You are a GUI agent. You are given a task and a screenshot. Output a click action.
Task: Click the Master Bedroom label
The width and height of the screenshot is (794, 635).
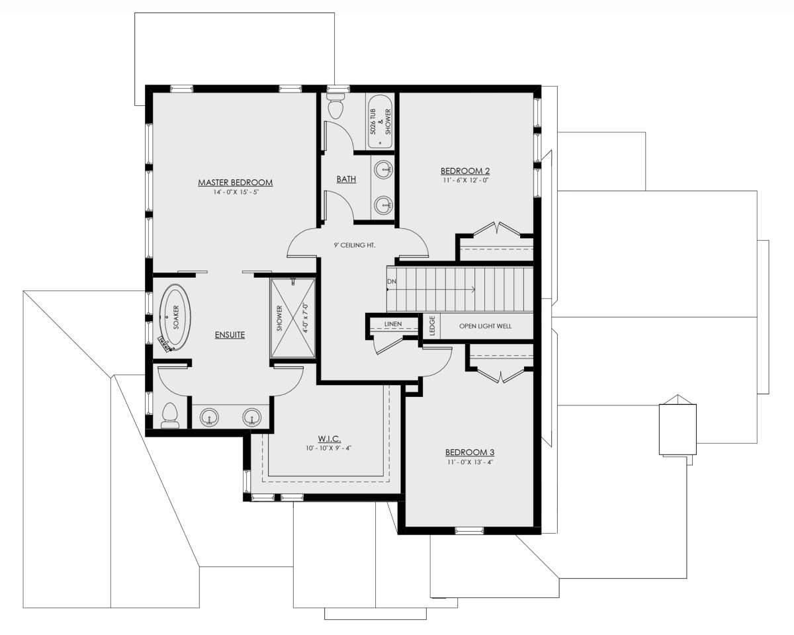click(236, 183)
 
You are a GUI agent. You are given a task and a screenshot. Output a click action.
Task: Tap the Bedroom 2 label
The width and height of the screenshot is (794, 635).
click(465, 171)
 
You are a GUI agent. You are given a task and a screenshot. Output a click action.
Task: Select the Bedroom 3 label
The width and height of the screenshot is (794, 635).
click(470, 452)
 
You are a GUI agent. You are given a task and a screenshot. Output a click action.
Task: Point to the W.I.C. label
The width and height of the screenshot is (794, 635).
click(329, 439)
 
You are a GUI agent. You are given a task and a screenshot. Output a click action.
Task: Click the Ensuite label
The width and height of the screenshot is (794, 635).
click(230, 335)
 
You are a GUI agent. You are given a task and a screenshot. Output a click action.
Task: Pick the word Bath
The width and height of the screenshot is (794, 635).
click(346, 179)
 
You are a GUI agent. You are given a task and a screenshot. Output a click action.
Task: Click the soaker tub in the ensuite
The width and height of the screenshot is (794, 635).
click(175, 317)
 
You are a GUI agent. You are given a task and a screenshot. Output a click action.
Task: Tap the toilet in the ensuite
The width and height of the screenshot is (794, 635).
click(170, 415)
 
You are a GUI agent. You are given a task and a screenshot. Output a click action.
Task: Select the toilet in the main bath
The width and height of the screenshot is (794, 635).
click(335, 106)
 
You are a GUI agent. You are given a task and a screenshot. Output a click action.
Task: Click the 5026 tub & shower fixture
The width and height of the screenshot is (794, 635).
click(380, 122)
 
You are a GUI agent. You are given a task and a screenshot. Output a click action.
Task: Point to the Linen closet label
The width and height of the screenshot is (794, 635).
click(393, 324)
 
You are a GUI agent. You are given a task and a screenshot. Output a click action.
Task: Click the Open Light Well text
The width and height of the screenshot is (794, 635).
click(485, 326)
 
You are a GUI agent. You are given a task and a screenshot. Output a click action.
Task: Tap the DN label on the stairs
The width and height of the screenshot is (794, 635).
click(392, 282)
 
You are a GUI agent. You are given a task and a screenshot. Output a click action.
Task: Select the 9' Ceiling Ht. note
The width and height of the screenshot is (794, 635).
click(355, 245)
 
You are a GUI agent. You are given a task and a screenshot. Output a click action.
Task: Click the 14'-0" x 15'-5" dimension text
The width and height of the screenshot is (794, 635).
click(236, 192)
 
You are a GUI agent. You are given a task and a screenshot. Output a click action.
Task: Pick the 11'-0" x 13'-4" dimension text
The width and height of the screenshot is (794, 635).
click(470, 462)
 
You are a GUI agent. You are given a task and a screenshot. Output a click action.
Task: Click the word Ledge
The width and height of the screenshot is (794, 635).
click(433, 326)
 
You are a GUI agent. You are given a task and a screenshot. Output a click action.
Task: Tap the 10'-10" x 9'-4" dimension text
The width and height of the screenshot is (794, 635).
click(328, 448)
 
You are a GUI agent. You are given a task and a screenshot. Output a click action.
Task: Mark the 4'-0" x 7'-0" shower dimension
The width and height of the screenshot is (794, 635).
click(305, 317)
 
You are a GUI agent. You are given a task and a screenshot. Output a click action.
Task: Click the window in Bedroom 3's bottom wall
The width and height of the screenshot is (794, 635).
click(469, 530)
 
